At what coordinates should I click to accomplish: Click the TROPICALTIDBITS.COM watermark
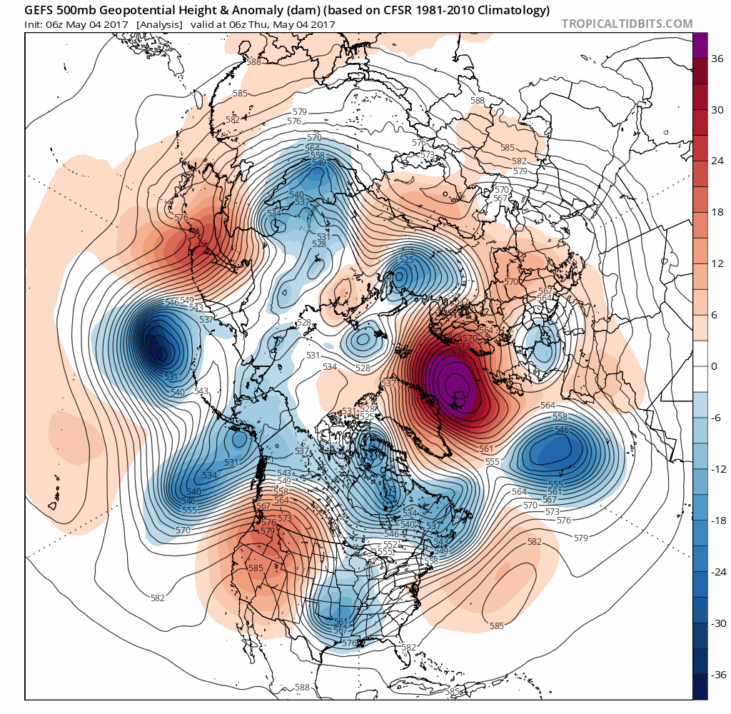click(x=627, y=24)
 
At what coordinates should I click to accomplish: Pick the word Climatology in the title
click(x=514, y=10)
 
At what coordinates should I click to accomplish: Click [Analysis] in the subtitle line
click(x=159, y=24)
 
